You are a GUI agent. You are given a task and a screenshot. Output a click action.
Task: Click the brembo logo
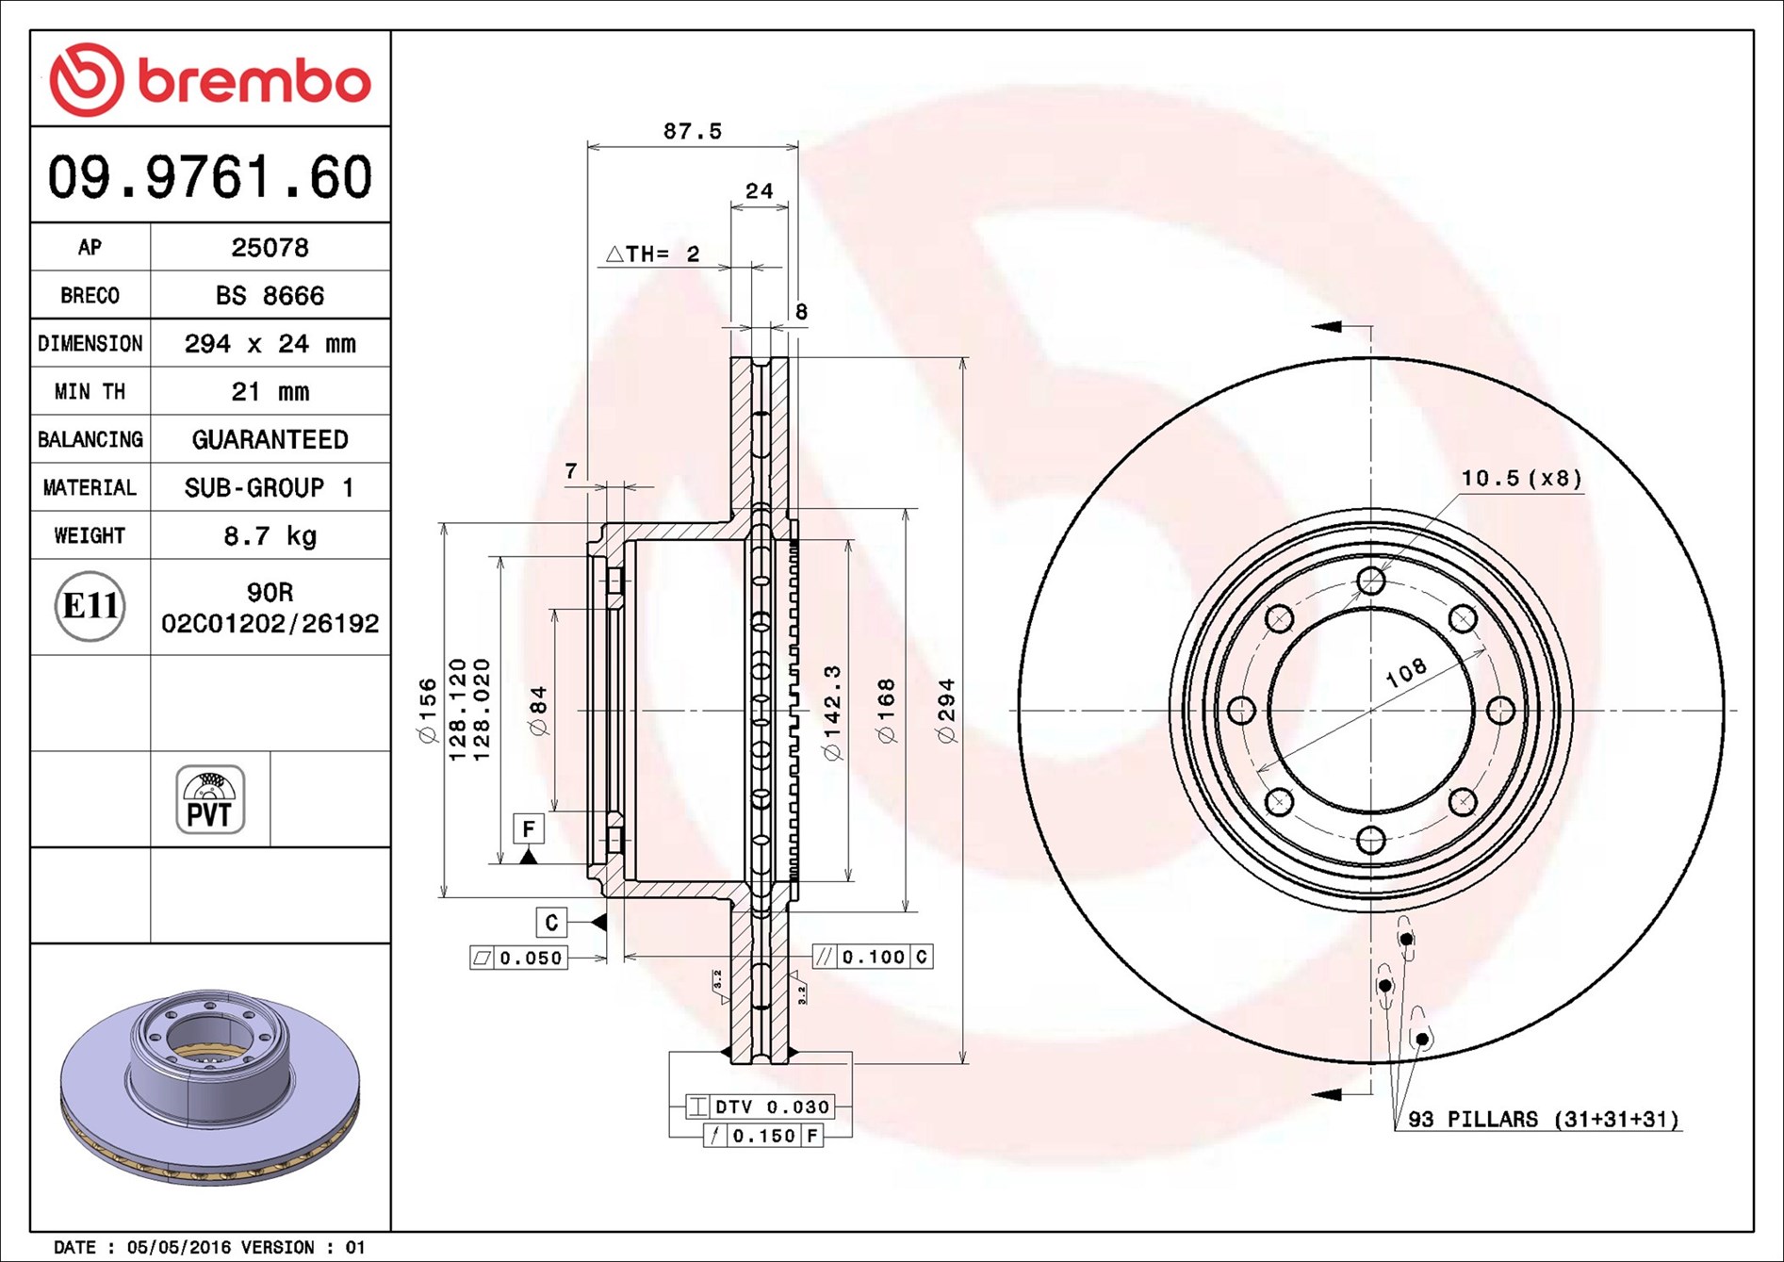(x=209, y=80)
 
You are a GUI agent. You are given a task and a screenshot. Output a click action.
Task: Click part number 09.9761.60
(x=209, y=177)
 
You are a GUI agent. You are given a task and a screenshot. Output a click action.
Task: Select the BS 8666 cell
(x=270, y=296)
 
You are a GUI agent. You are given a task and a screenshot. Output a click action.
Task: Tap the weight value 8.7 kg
(x=270, y=536)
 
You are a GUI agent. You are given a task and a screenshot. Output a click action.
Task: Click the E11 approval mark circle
(x=90, y=606)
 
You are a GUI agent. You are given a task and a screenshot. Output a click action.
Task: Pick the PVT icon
(x=210, y=800)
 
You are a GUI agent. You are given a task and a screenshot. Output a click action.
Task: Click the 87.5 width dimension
(x=692, y=132)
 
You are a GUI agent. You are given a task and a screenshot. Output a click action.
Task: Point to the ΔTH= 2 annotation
(x=653, y=254)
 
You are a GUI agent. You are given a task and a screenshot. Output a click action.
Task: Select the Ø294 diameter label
(x=947, y=711)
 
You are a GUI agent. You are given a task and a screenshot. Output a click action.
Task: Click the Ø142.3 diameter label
(x=832, y=713)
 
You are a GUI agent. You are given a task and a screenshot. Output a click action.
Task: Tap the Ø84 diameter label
(x=538, y=711)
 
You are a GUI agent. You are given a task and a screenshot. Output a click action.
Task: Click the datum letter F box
(x=529, y=828)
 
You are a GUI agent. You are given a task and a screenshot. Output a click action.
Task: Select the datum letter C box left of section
(x=551, y=922)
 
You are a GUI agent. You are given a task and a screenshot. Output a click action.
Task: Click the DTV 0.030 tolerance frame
(x=760, y=1106)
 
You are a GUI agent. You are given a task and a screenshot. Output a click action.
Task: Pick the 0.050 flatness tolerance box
(x=519, y=959)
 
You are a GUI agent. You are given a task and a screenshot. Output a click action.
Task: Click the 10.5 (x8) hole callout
(x=1521, y=479)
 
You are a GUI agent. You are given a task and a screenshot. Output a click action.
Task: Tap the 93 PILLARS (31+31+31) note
(x=1543, y=1120)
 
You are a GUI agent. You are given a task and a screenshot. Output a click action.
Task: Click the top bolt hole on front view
(x=1371, y=581)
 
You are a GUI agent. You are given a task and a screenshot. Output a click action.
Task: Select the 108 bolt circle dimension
(x=1406, y=672)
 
